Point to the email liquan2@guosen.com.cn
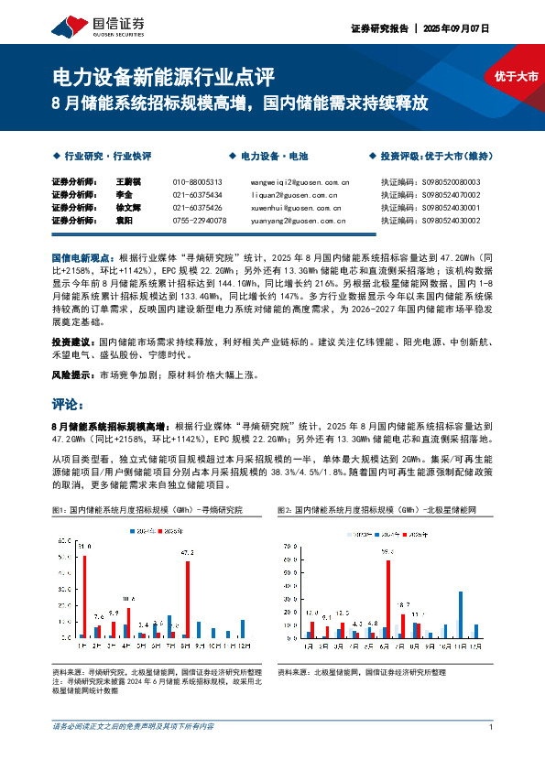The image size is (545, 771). tap(292, 194)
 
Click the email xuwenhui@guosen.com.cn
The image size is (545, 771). tap(297, 207)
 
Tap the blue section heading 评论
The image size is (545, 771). tap(68, 404)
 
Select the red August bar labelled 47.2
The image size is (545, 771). tap(188, 599)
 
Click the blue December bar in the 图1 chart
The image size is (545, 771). tap(243, 628)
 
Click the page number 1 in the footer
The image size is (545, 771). tap(492, 727)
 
